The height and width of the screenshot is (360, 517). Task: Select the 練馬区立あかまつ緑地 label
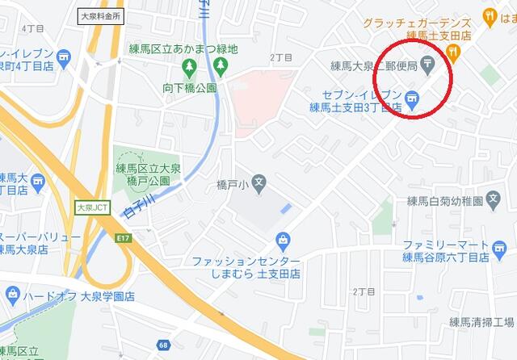184,49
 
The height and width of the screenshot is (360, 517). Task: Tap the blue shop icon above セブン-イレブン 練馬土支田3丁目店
412,98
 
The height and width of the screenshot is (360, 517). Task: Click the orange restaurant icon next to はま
489,15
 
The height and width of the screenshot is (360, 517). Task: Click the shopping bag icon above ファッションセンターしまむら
282,239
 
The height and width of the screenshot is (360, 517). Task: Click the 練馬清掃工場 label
482,323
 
